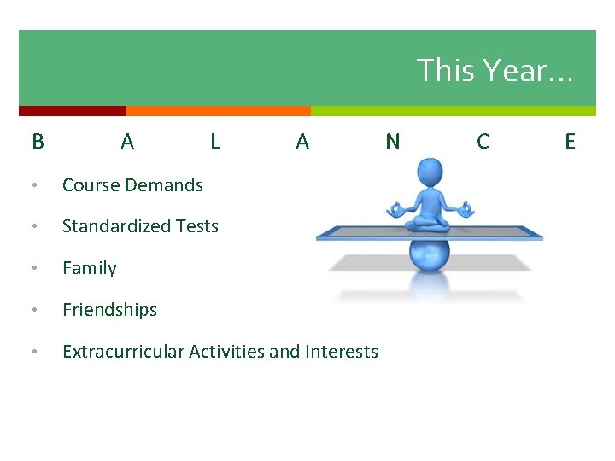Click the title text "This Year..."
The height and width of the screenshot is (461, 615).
click(x=495, y=70)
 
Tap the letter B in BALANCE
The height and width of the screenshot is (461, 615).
click(x=38, y=142)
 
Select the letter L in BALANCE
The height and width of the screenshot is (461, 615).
click(x=215, y=142)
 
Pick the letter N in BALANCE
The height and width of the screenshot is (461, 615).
click(x=393, y=142)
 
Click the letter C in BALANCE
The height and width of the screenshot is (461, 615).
click(x=483, y=142)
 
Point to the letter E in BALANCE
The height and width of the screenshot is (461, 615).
click(x=571, y=142)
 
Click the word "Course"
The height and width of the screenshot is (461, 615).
click(x=91, y=185)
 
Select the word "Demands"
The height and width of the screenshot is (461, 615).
click(x=164, y=185)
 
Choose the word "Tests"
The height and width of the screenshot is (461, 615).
click(x=197, y=226)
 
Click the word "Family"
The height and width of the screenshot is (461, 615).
click(x=90, y=269)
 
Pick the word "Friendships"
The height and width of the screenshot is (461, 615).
click(x=110, y=310)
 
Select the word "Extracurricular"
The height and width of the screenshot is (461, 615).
click(x=124, y=352)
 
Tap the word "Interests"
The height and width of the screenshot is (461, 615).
click(x=342, y=352)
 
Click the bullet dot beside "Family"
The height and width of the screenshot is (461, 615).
click(x=35, y=268)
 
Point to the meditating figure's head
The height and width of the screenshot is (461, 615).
click(x=430, y=172)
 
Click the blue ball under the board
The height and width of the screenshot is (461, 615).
click(x=430, y=255)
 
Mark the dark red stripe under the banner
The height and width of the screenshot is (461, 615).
click(x=73, y=111)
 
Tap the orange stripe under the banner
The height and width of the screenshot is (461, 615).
click(x=219, y=111)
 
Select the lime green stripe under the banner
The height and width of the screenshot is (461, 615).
click(x=454, y=111)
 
